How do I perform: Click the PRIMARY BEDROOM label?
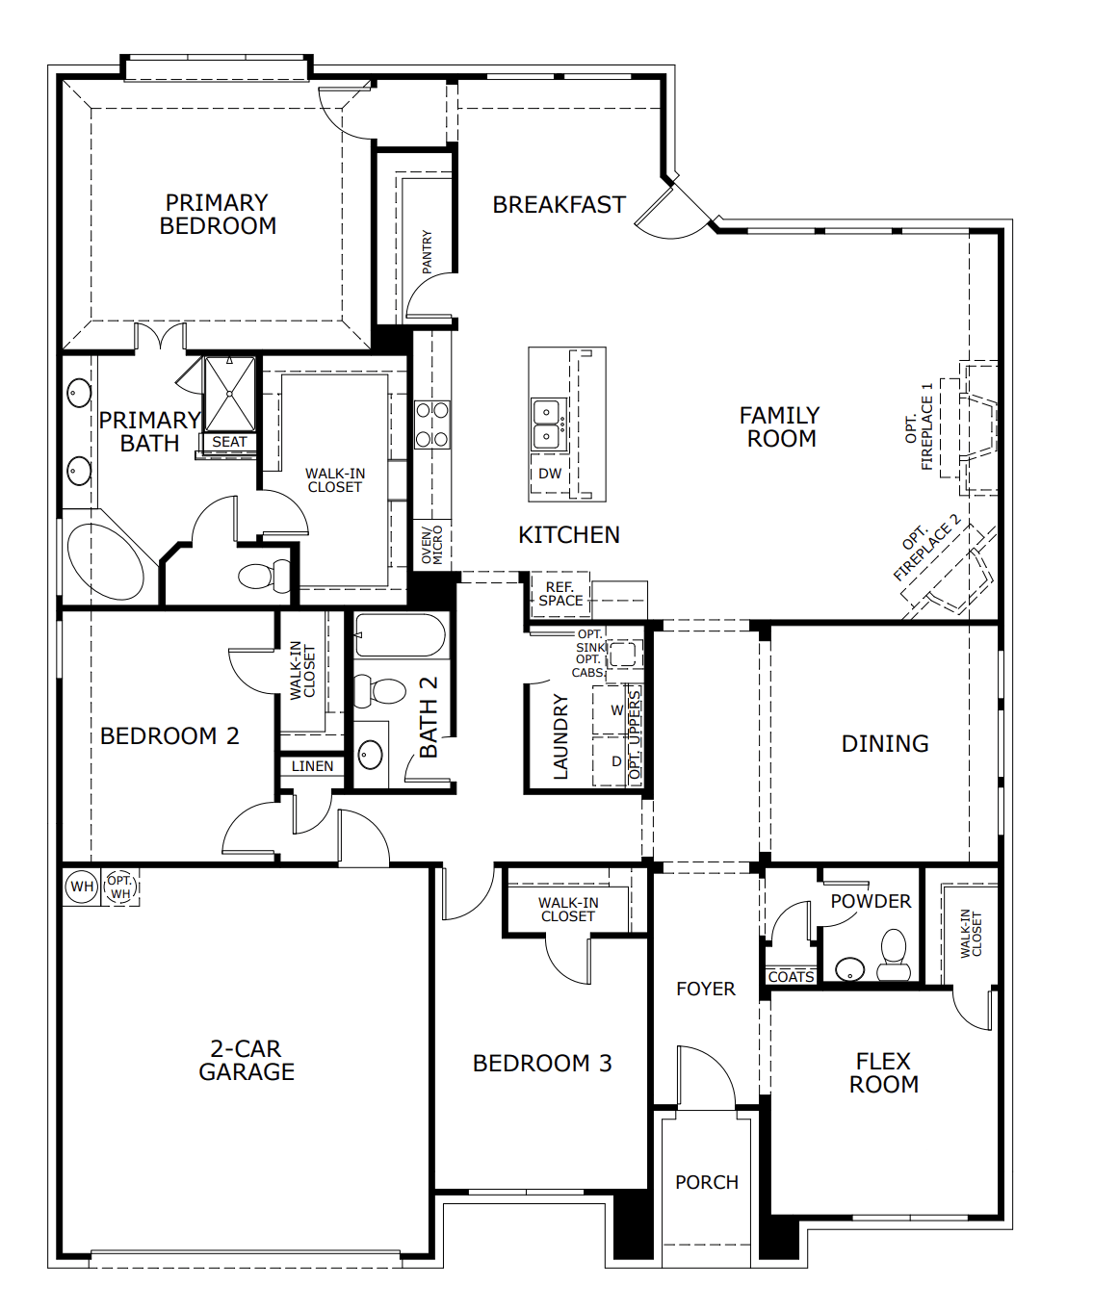[218, 215]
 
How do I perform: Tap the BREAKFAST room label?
[559, 205]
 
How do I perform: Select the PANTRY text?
[427, 251]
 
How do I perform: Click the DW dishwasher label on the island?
[550, 474]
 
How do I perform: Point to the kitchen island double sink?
[548, 424]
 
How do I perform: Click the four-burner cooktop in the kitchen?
[432, 424]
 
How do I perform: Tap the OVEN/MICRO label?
[432, 545]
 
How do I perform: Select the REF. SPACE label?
[559, 594]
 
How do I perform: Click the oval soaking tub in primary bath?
[104, 562]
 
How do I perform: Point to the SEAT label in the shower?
[229, 442]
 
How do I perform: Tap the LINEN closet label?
[312, 766]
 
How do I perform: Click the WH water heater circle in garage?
[82, 887]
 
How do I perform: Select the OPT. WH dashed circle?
[120, 887]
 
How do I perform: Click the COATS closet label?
[791, 976]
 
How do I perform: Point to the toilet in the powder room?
[895, 955]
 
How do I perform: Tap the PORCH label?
[706, 1182]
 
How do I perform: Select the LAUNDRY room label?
[560, 736]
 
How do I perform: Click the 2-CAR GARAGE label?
[247, 1060]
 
